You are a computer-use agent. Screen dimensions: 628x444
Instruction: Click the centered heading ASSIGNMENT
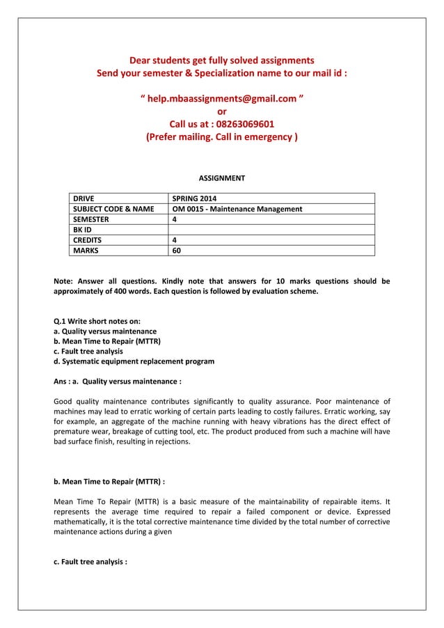pyautogui.click(x=222, y=178)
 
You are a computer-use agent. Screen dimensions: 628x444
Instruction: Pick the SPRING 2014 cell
pyautogui.click(x=194, y=198)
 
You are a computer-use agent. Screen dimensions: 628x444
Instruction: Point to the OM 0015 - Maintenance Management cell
pyautogui.click(x=237, y=209)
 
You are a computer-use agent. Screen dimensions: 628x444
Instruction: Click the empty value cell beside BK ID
pyautogui.click(x=271, y=230)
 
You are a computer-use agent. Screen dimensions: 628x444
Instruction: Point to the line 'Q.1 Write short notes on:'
pyautogui.click(x=97, y=321)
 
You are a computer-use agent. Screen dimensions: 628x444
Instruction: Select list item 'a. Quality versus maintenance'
pyautogui.click(x=105, y=331)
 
